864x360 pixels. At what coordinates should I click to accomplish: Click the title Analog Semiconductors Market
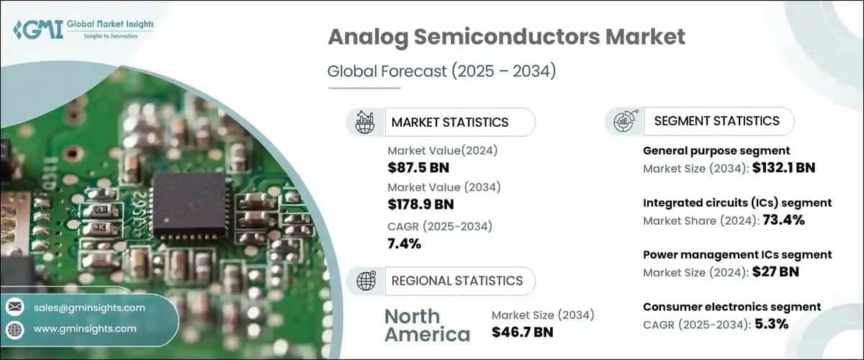point(506,37)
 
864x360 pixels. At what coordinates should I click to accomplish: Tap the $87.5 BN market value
point(418,168)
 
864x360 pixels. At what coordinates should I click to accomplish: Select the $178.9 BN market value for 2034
point(420,204)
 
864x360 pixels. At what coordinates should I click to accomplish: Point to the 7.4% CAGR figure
point(404,243)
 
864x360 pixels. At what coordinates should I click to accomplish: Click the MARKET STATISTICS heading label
point(450,122)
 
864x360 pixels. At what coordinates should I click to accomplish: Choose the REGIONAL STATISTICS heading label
point(457,281)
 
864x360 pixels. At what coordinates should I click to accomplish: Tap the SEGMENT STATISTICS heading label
point(716,121)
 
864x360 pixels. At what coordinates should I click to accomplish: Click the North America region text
point(428,325)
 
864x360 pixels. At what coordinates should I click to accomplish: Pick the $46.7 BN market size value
point(522,332)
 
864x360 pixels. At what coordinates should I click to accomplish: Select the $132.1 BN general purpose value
point(784,168)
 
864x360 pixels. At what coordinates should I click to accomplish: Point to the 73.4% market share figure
point(784,220)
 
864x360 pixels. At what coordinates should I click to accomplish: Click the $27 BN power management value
point(775,271)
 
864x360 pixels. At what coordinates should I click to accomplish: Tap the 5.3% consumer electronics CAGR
point(771,324)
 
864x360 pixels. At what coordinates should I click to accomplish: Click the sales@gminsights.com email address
point(89,307)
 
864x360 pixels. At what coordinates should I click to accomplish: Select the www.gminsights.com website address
point(85,329)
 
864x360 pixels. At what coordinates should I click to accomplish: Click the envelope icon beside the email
point(15,307)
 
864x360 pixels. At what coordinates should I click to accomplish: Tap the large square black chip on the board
point(190,205)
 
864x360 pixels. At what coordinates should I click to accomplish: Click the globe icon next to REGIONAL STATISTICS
point(366,281)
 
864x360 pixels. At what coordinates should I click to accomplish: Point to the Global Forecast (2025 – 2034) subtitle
point(441,71)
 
